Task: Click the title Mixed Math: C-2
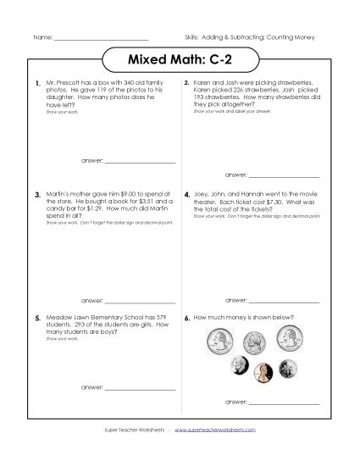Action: coord(180,62)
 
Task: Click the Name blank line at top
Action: coord(101,41)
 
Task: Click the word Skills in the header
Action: coord(192,40)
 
